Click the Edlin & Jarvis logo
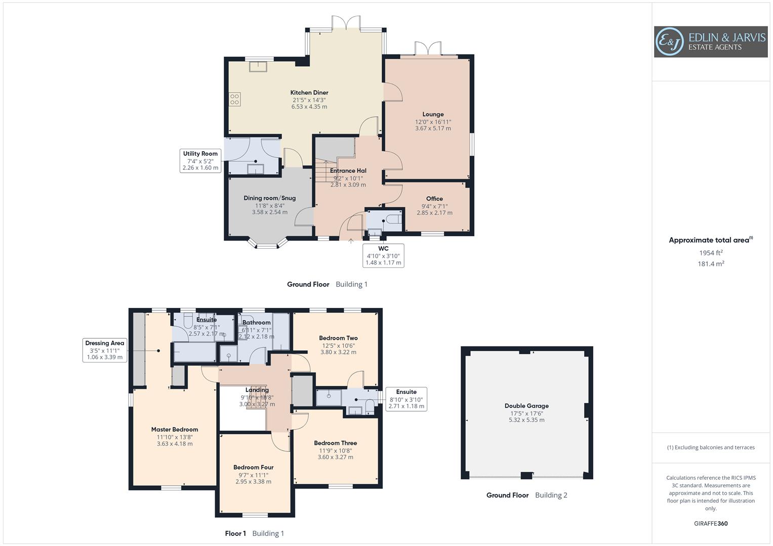[x=710, y=41]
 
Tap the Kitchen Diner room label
[x=309, y=93]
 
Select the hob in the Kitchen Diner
[x=235, y=99]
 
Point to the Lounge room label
[x=433, y=114]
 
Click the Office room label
[x=434, y=199]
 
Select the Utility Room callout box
[x=200, y=161]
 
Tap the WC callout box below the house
[x=383, y=255]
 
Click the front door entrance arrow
[x=351, y=241]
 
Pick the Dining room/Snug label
[x=269, y=198]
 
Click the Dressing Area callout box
[x=104, y=350]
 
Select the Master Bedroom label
[x=175, y=430]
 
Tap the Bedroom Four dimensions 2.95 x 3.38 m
[x=253, y=482]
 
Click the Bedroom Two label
[x=338, y=338]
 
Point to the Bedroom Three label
[x=335, y=443]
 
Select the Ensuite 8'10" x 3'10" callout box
[x=406, y=399]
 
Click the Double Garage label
[x=526, y=406]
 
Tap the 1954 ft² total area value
[x=711, y=253]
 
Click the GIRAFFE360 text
[x=711, y=524]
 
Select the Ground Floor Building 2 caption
[x=526, y=495]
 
